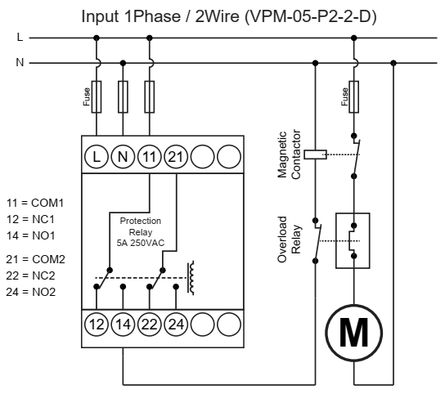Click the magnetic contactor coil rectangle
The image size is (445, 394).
(x=315, y=154)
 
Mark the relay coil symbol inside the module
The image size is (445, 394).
(x=191, y=278)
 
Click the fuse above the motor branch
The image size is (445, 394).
(x=353, y=96)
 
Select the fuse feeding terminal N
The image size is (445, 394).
(x=123, y=96)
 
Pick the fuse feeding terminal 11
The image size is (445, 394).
(x=150, y=96)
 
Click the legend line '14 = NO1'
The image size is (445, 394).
(x=30, y=235)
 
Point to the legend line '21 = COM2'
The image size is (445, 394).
(x=35, y=259)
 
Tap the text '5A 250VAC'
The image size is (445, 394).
(x=141, y=243)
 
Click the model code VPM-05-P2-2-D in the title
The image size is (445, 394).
(x=311, y=16)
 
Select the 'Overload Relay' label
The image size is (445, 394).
(x=289, y=240)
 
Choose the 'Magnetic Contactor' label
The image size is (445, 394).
(x=289, y=154)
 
